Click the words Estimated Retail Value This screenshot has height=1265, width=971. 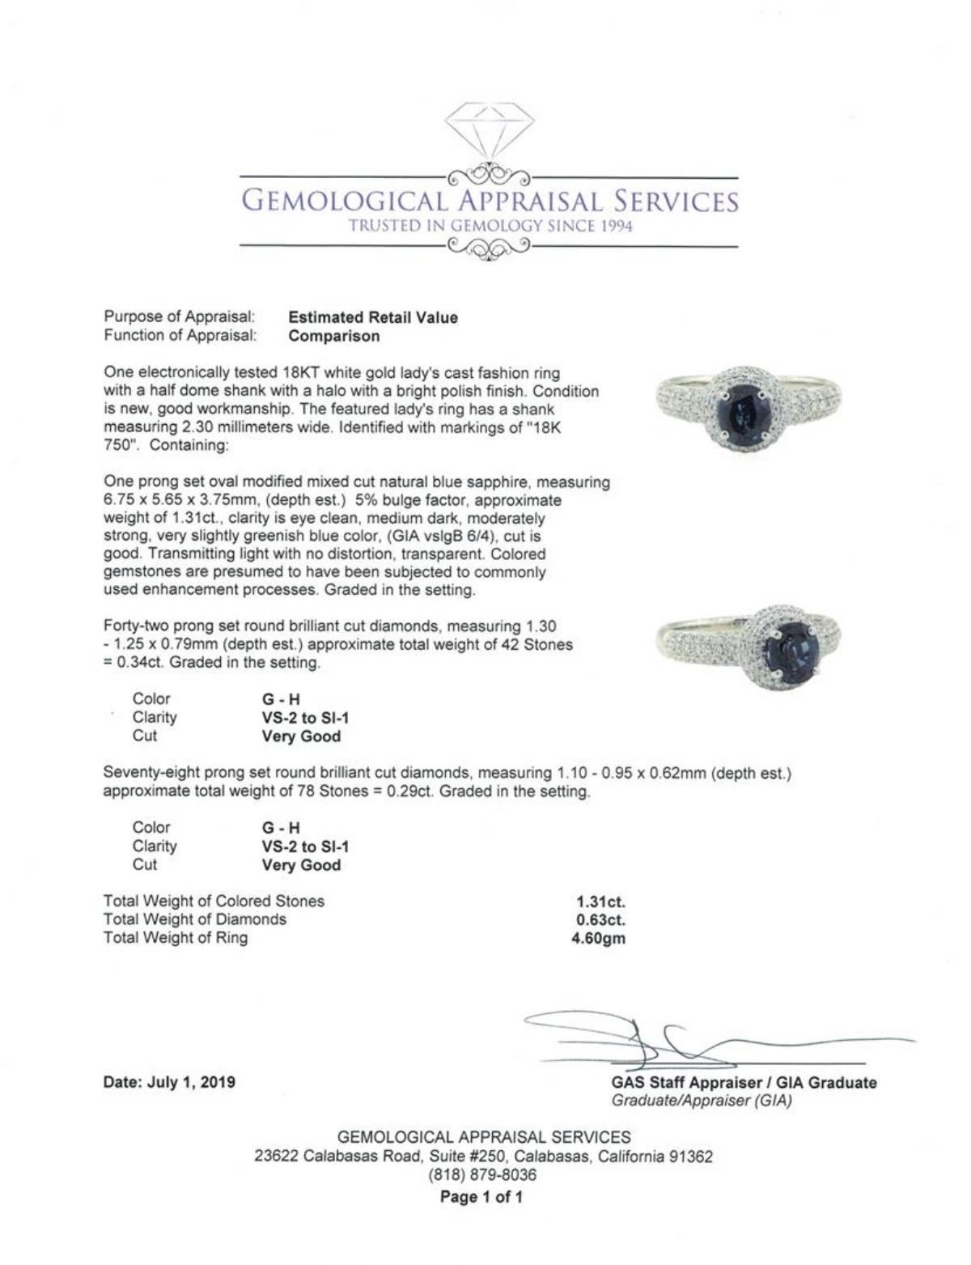[x=372, y=317]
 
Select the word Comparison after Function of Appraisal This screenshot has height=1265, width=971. [x=333, y=336]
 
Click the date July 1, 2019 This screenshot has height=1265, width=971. [x=169, y=1081]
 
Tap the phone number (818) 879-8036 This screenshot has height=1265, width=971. [x=484, y=1174]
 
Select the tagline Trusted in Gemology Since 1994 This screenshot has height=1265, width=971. [x=490, y=226]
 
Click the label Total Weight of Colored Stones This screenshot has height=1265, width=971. [x=214, y=901]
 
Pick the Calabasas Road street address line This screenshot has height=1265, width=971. [x=484, y=1157]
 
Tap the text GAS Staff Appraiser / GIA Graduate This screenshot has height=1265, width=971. [x=744, y=1083]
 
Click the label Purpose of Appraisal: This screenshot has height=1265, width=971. [x=180, y=317]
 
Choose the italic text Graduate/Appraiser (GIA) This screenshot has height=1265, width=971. [x=701, y=1101]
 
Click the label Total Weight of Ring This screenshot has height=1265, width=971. [x=176, y=938]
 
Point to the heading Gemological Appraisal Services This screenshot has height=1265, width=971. [x=490, y=201]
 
